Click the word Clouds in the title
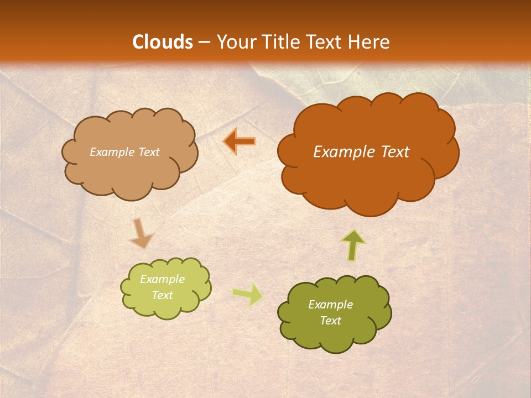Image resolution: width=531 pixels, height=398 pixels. click(162, 42)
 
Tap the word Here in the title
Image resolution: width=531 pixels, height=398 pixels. click(369, 42)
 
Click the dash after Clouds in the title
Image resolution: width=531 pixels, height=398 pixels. click(204, 43)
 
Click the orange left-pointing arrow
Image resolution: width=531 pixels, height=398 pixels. click(240, 142)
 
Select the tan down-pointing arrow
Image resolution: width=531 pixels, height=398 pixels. click(140, 233)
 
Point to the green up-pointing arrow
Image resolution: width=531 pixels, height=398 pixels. click(353, 245)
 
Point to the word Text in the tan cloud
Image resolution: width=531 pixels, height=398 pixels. click(148, 152)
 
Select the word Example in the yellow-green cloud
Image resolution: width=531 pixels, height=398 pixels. click(163, 279)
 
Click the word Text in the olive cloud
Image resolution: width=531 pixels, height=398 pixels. click(330, 321)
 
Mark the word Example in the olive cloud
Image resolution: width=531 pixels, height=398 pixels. click(330, 305)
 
